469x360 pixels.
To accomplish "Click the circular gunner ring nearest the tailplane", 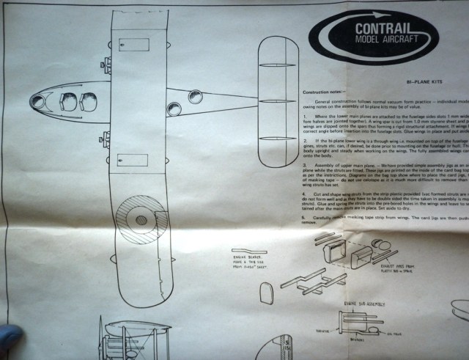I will coord(196,97).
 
